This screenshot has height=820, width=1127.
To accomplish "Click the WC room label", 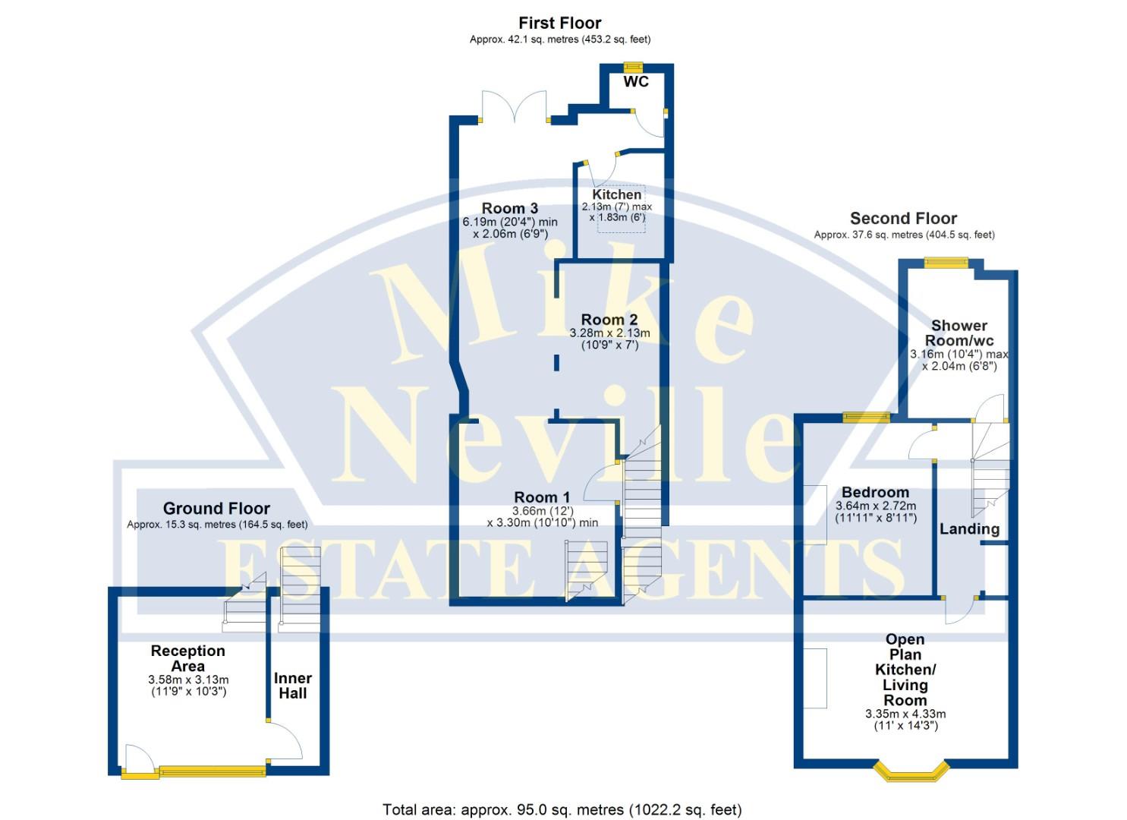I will (636, 81).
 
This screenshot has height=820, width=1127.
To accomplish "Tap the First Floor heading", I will (559, 23).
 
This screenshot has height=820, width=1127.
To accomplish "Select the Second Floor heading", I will (903, 218).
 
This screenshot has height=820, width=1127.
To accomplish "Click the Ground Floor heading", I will (216, 509).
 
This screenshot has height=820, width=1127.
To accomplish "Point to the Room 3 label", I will (509, 208).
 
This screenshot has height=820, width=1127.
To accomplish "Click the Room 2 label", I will (609, 320).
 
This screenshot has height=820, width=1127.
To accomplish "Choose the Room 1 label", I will (542, 497).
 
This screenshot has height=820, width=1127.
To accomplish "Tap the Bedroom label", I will (875, 492).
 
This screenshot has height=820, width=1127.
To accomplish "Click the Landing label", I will (969, 529).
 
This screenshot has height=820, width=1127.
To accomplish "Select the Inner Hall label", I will (292, 686).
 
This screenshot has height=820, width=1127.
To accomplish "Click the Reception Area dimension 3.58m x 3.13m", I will (188, 680).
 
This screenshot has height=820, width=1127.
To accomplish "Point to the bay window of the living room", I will (911, 773).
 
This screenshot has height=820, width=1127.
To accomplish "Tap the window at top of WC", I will (633, 66).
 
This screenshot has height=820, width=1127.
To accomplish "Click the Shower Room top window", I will (946, 262).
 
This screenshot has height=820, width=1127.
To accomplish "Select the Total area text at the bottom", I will (562, 809).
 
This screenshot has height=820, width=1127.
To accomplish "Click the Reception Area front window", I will (212, 771).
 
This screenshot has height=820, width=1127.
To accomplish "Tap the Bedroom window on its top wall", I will (866, 415).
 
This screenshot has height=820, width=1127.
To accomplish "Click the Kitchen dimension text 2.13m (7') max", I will (616, 207).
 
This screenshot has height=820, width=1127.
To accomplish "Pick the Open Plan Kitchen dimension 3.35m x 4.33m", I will (905, 714).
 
